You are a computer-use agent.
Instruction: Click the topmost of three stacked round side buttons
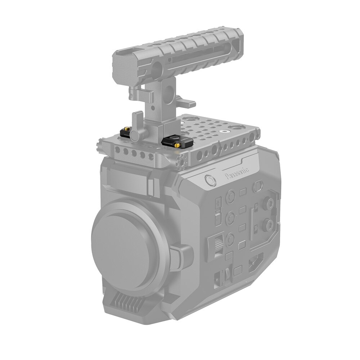[230, 196]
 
